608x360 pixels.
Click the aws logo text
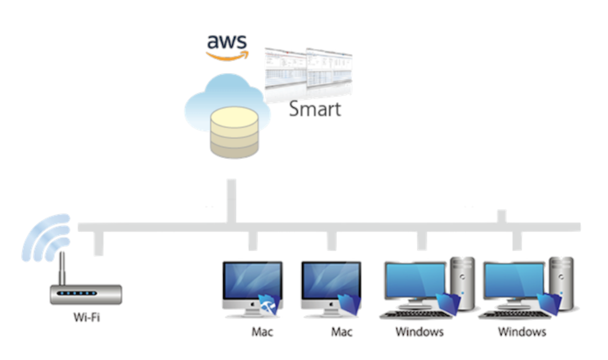227,42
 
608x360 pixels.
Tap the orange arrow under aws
227,55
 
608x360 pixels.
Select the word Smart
315,108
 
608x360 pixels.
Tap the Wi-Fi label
87,318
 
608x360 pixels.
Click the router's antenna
63,269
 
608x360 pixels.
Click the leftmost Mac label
262,332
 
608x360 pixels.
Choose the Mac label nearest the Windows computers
342,332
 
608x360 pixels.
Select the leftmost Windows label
419,332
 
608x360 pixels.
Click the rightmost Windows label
522,332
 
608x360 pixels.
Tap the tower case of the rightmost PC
561,282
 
